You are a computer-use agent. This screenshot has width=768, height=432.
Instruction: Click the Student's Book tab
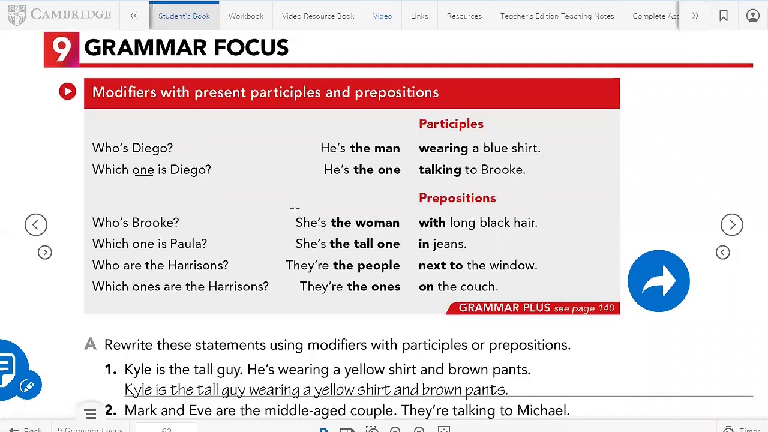click(184, 16)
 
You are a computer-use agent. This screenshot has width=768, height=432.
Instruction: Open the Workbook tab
click(245, 16)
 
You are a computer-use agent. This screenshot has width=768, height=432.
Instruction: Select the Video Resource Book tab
click(318, 16)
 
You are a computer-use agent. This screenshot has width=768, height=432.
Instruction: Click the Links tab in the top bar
click(419, 16)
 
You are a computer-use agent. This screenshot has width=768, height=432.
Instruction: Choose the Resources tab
click(464, 16)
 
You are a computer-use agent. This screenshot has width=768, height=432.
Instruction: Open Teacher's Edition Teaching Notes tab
click(557, 16)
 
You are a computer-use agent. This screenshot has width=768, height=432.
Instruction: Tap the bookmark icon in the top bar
click(724, 16)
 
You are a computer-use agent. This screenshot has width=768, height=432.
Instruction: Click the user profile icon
click(752, 16)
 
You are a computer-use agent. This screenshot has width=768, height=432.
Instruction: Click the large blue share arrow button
click(658, 281)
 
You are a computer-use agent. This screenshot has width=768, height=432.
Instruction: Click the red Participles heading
click(451, 124)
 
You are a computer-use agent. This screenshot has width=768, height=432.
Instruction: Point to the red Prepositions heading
click(457, 198)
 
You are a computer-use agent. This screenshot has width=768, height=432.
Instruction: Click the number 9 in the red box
click(61, 49)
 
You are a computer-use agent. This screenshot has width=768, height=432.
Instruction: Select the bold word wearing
click(443, 148)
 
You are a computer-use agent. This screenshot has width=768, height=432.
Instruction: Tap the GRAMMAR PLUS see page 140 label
click(536, 308)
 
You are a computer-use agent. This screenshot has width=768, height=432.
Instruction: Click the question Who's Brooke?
click(136, 223)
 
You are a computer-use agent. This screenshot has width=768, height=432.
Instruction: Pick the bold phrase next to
click(440, 265)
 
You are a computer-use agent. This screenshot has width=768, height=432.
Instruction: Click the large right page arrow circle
click(731, 225)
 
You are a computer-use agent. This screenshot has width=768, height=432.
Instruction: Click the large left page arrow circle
click(35, 225)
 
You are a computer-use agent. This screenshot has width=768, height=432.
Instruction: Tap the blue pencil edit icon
click(27, 386)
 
